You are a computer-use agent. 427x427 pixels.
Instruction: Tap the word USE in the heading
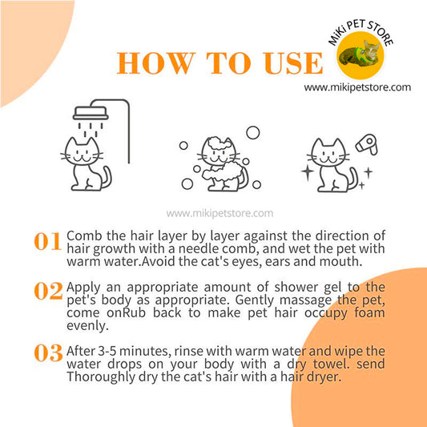pyautogui.click(x=293, y=63)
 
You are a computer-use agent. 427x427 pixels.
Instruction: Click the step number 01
pyautogui.click(x=47, y=241)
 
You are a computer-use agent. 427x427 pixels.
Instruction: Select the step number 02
pyautogui.click(x=49, y=291)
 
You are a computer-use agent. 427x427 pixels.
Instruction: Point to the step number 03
pyautogui.click(x=49, y=353)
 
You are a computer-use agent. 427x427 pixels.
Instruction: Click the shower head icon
pyautogui.click(x=91, y=113)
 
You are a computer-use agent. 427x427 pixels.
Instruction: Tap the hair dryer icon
pyautogui.click(x=367, y=145)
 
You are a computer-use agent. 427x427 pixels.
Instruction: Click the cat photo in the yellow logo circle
pyautogui.click(x=360, y=54)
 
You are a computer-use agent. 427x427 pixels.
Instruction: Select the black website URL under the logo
pyautogui.click(x=357, y=87)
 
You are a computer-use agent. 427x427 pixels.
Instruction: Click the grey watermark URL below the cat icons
pyautogui.click(x=220, y=213)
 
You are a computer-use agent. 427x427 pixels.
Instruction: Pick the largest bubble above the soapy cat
pyautogui.click(x=253, y=133)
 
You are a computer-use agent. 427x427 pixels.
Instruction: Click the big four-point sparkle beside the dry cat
pyautogui.click(x=308, y=171)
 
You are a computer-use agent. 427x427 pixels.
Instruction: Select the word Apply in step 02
pyautogui.click(x=83, y=288)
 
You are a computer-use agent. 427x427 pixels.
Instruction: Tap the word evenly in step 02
pyautogui.click(x=87, y=326)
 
